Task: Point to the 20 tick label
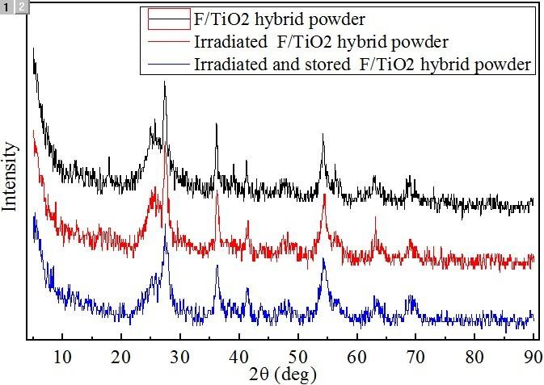(x=120, y=354)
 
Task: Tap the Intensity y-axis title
(x=11, y=177)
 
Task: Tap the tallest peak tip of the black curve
(x=165, y=82)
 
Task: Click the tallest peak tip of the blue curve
(x=167, y=224)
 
